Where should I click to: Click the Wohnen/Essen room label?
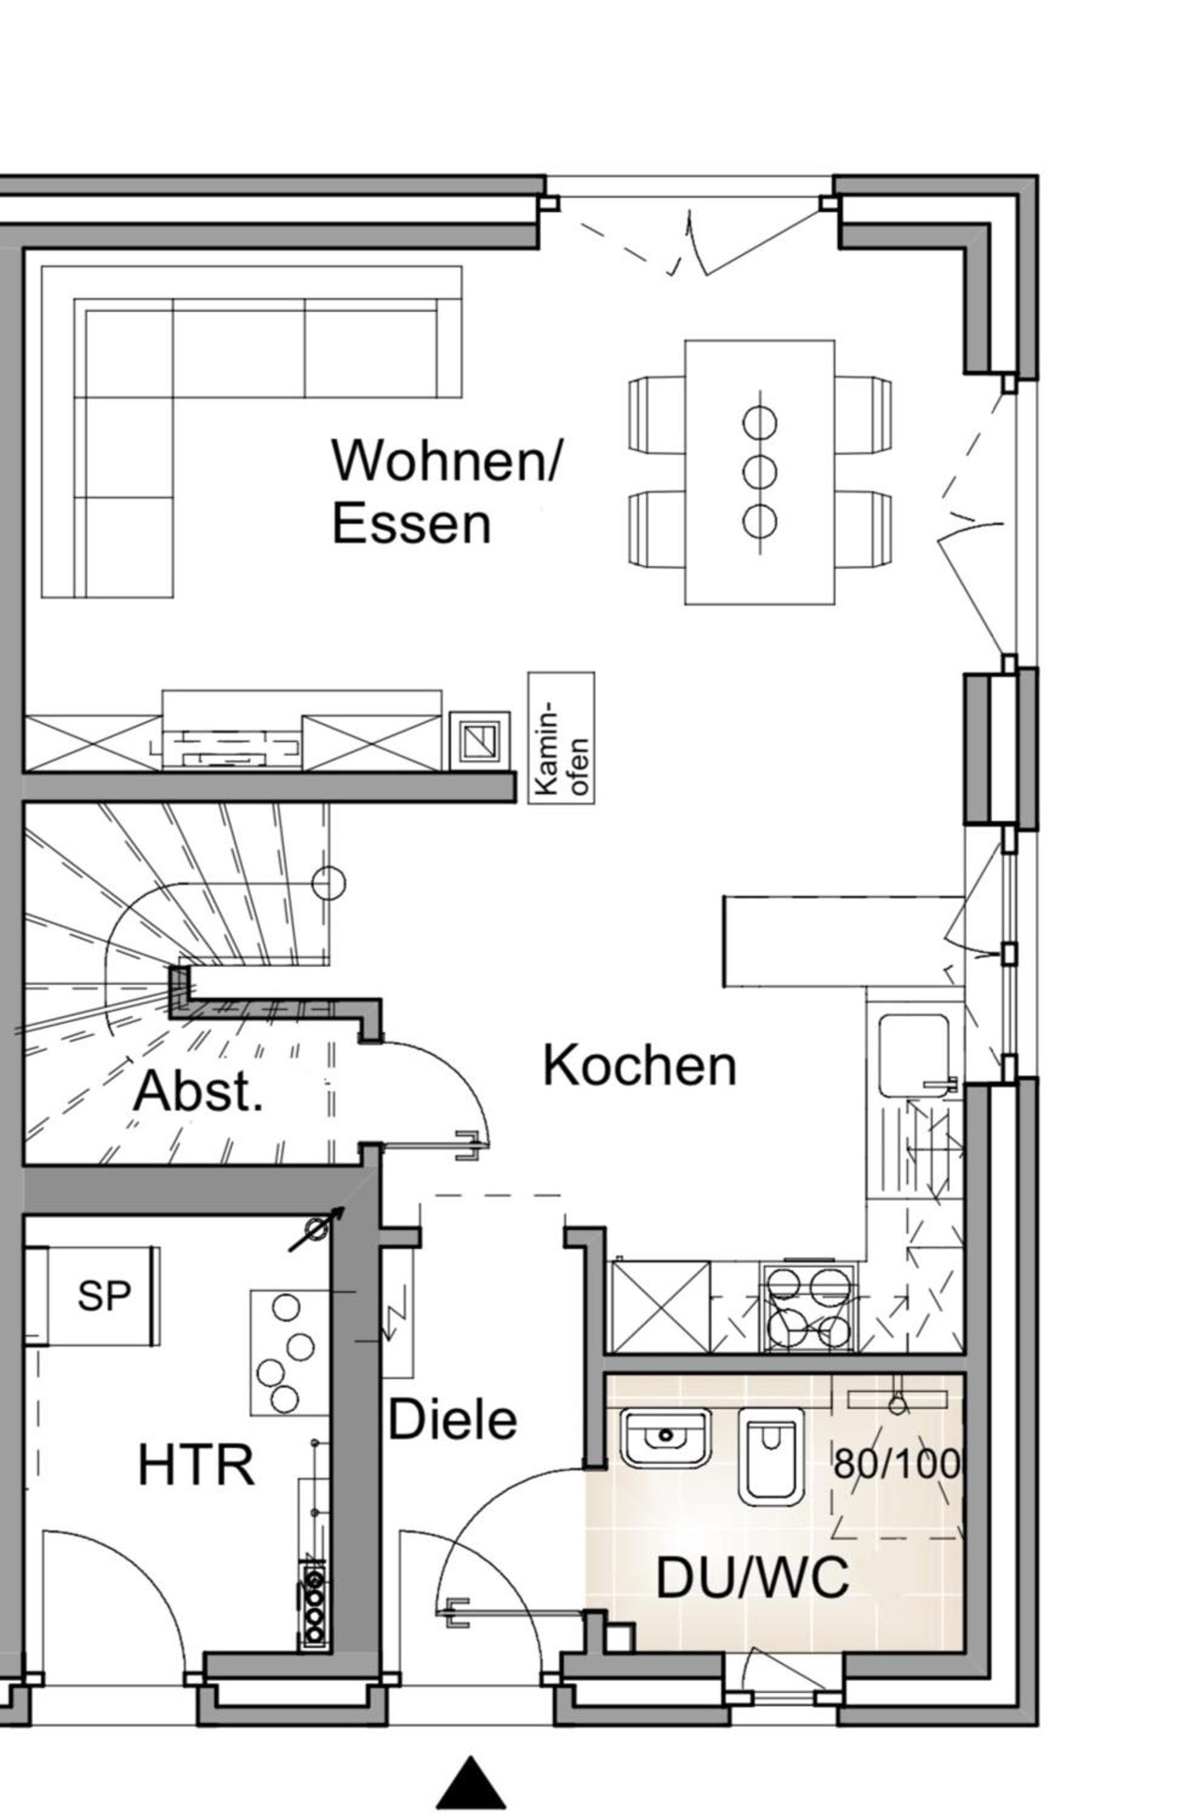pyautogui.click(x=447, y=491)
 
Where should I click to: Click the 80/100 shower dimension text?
pyautogui.click(x=897, y=1464)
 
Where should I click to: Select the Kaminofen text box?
pyautogui.click(x=561, y=738)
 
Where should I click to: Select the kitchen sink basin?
pyautogui.click(x=914, y=1056)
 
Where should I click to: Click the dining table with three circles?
pyautogui.click(x=760, y=472)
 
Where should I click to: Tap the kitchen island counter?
pyautogui.click(x=843, y=940)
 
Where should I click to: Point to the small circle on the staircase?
pyautogui.click(x=329, y=883)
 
